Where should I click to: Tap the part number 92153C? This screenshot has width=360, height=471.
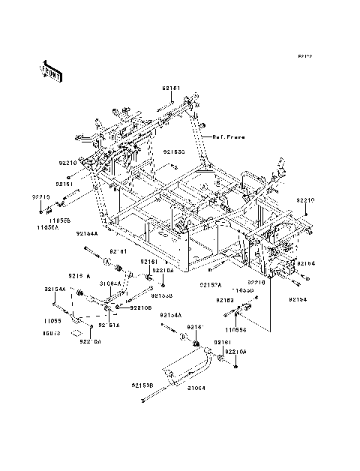175,151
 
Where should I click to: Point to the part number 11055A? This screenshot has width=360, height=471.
47,227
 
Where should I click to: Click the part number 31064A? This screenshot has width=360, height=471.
112,283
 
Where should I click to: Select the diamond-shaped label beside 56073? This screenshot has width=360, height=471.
76,328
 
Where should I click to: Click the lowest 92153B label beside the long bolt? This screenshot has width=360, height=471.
142,385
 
